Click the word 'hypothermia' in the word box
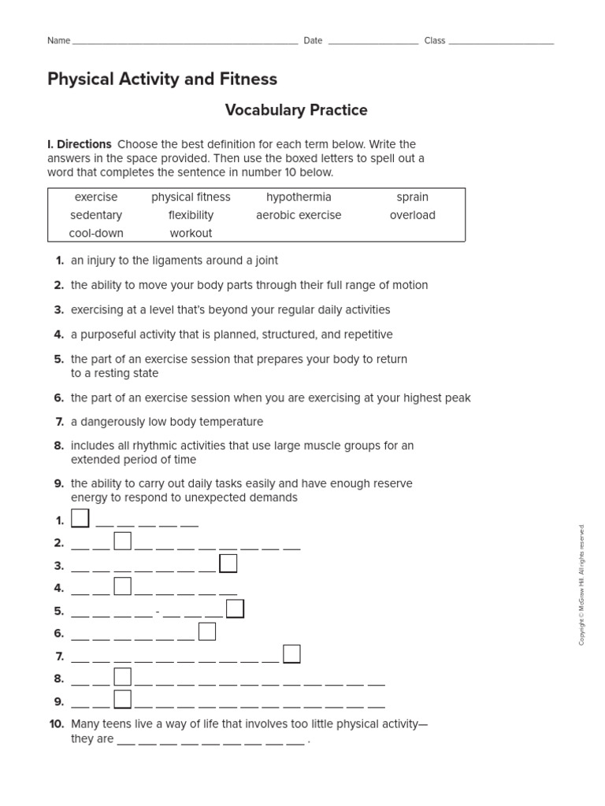299,197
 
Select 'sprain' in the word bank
413,197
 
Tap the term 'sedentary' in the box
96,215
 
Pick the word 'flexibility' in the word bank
191,215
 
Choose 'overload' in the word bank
413,215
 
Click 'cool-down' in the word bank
96,233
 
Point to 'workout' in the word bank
191,233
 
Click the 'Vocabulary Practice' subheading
296,110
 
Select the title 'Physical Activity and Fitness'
162,79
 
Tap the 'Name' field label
59,41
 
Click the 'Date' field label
313,41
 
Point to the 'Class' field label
435,41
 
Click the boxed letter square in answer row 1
80,518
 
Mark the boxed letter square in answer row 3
228,564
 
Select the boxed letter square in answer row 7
291,654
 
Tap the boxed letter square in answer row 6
207,631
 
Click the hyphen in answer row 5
158,612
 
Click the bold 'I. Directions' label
80,144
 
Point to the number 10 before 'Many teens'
56,724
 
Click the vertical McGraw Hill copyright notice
582,585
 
